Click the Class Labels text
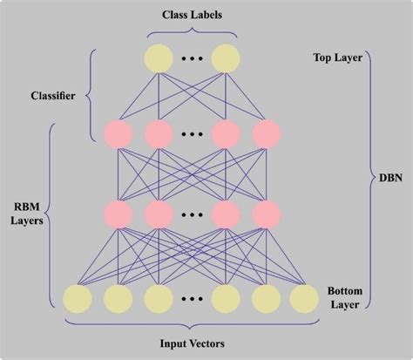pyautogui.click(x=190, y=15)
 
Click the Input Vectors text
pyautogui.click(x=192, y=343)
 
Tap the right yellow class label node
pyautogui.click(x=225, y=58)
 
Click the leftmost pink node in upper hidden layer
pyautogui.click(x=118, y=133)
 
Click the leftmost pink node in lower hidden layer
pyautogui.click(x=118, y=214)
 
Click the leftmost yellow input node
pyautogui.click(x=77, y=299)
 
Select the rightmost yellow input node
pyautogui.click(x=305, y=299)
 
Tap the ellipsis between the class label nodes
pyautogui.click(x=192, y=58)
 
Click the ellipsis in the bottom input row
pyautogui.click(x=192, y=299)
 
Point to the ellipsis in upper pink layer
pyautogui.click(x=192, y=133)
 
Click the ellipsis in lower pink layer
pyautogui.click(x=192, y=214)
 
